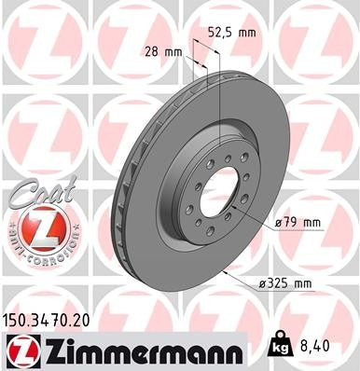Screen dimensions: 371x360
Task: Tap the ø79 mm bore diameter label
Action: click(297, 223)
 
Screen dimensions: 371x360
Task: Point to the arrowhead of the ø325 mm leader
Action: click(227, 270)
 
